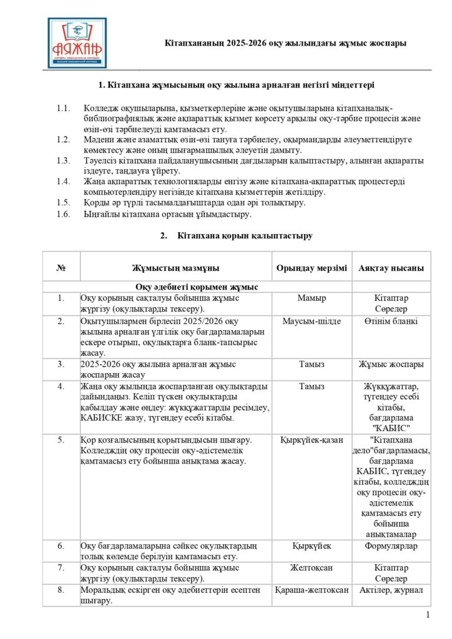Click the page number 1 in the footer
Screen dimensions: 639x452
pos(428,615)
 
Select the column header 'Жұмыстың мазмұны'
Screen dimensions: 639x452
pos(175,268)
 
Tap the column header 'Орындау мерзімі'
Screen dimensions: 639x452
pos(312,268)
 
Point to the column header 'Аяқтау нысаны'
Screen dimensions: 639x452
pos(391,268)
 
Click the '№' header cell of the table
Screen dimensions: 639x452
pos(61,268)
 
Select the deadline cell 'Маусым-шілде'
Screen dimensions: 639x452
pos(312,321)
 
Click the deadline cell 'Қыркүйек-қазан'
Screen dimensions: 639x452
pos(312,440)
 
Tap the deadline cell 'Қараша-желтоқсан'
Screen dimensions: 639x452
pos(312,590)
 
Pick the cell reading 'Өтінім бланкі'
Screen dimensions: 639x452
pos(391,321)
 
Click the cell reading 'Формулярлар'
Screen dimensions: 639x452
pos(391,546)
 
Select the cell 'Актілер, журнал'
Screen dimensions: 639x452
pos(391,590)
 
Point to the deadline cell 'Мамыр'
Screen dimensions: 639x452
pos(312,298)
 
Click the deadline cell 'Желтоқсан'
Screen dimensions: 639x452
pos(312,568)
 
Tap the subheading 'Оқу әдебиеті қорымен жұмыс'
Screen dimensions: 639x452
pos(197,287)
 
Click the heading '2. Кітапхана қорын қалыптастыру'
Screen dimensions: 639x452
pos(227,236)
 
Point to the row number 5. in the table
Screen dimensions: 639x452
pos(61,440)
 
